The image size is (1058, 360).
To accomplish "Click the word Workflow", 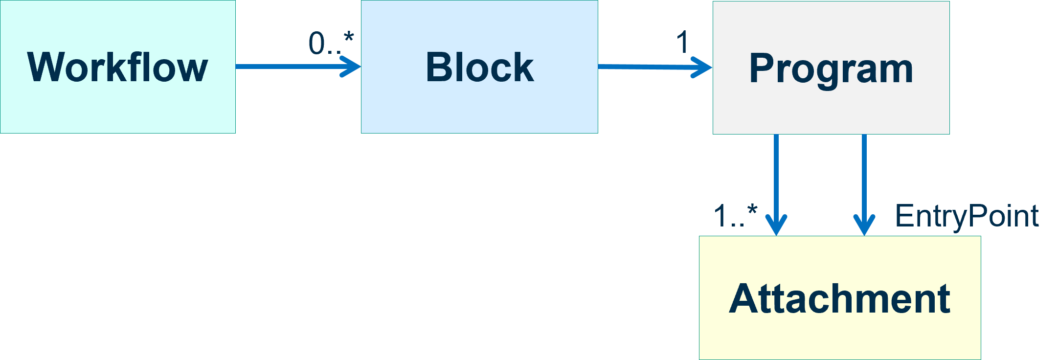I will click(117, 67).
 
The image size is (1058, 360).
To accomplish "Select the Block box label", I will click(479, 67).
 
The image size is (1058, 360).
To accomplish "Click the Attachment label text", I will click(839, 299).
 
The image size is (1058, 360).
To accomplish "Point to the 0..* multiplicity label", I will click(331, 43).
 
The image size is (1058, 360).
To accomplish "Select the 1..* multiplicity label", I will click(735, 215).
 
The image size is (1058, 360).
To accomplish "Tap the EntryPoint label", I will click(967, 216).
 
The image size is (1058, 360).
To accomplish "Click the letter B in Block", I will click(438, 67).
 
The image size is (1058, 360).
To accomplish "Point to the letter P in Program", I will click(761, 68).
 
